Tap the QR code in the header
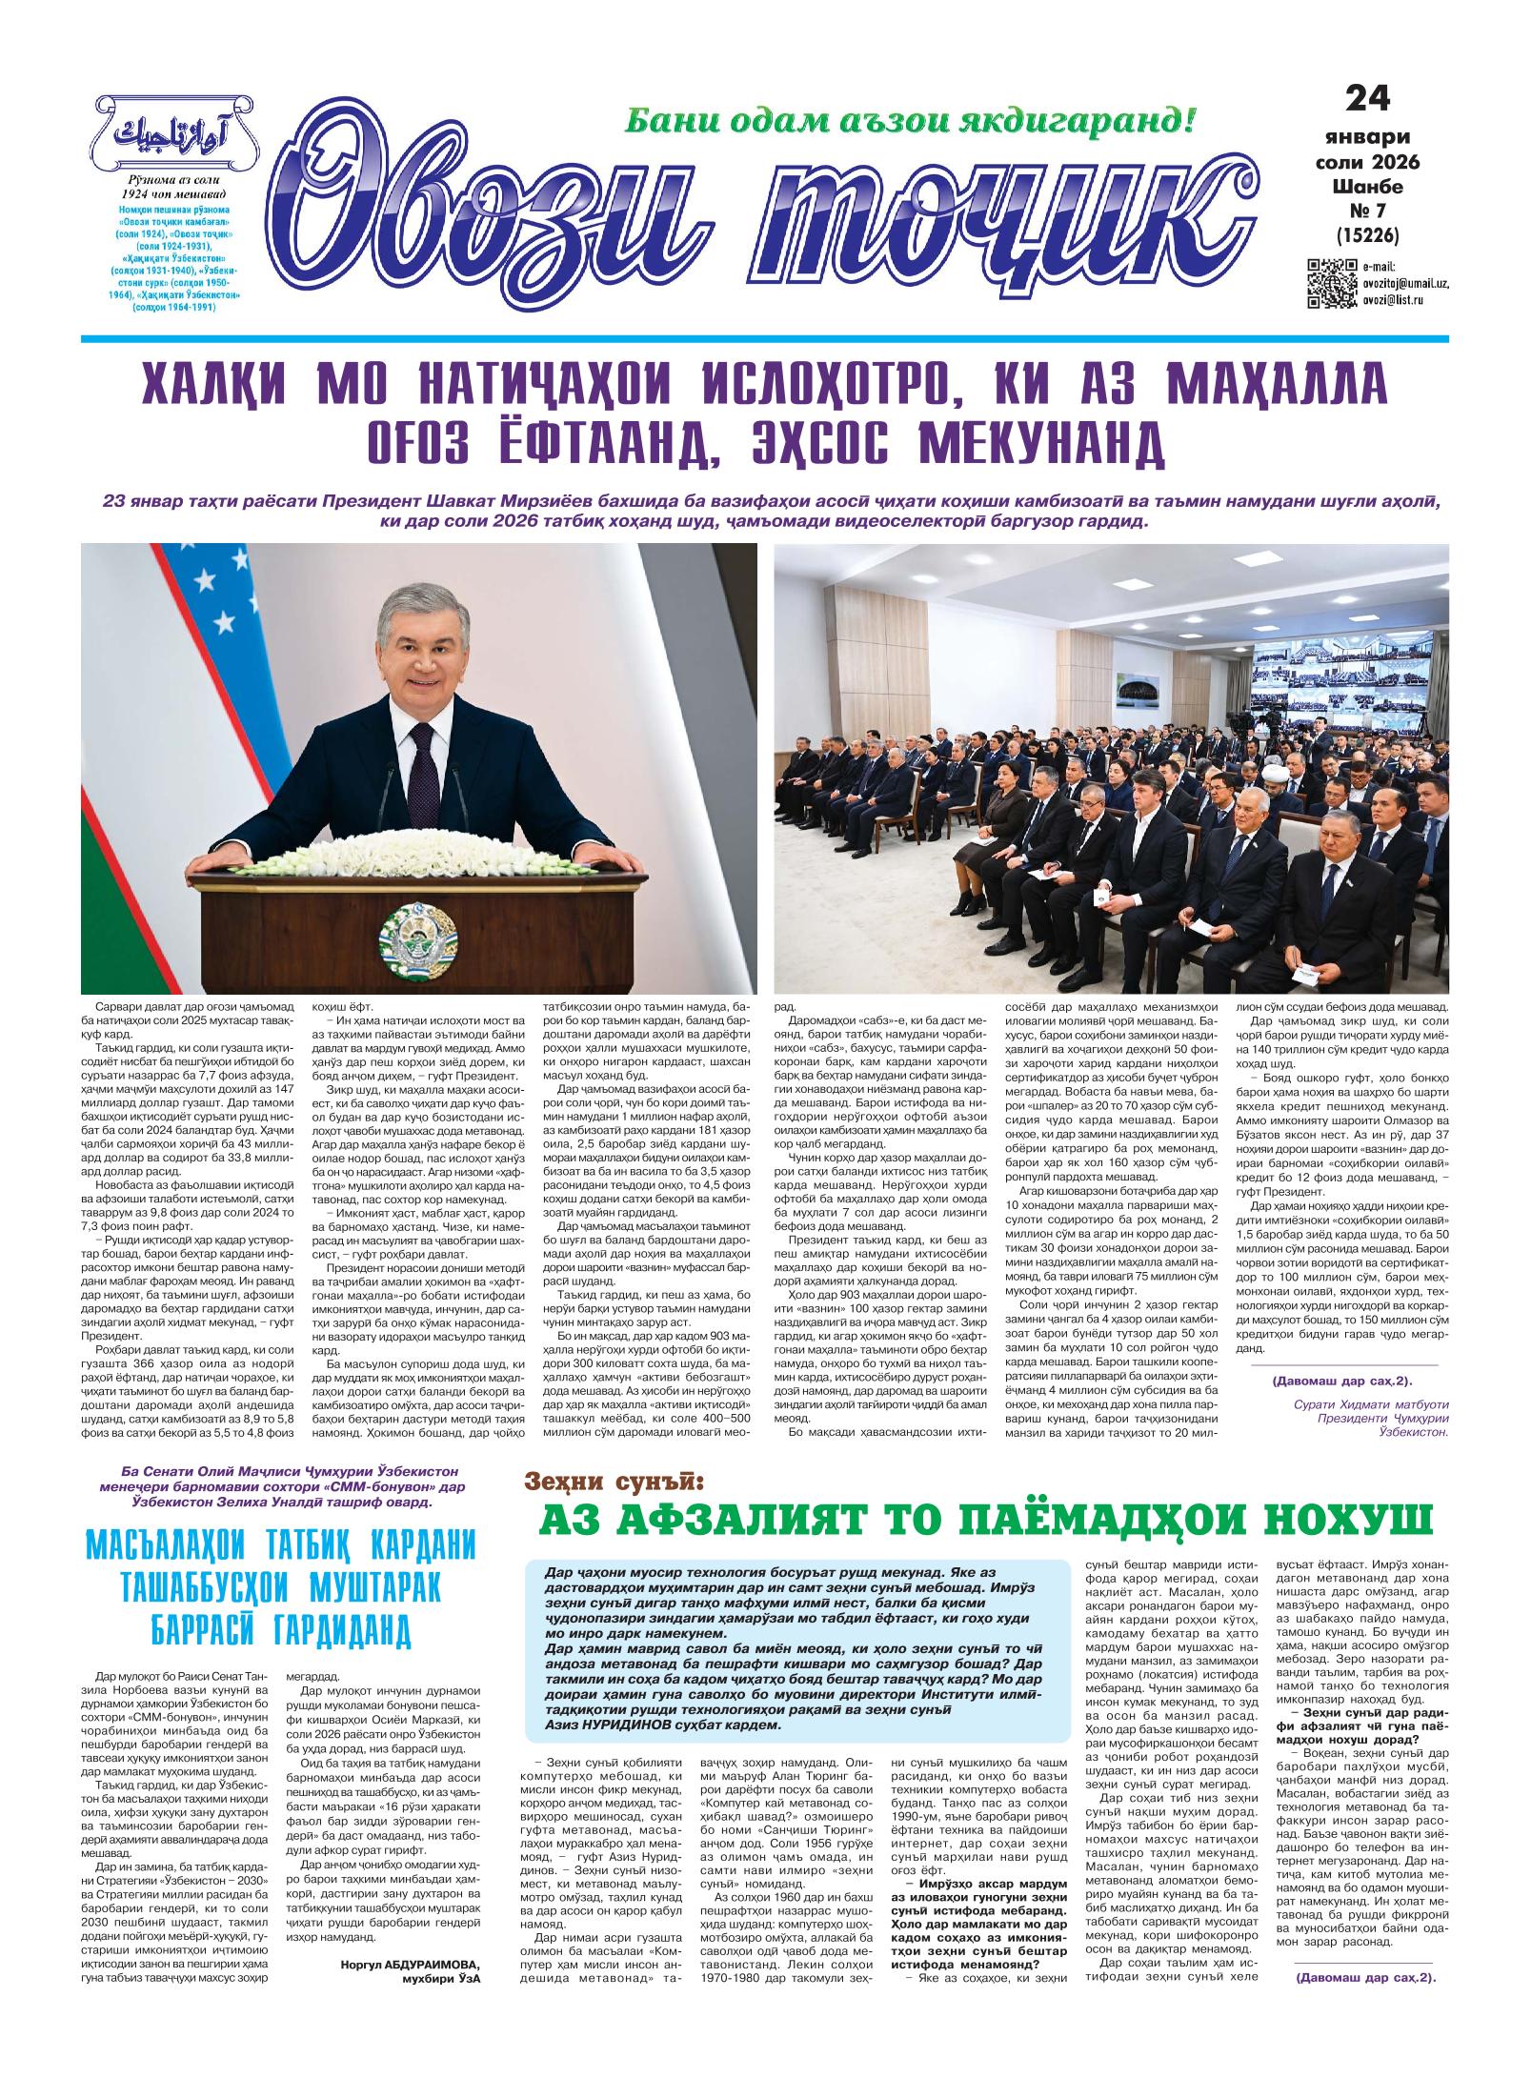[1329, 284]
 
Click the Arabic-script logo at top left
[172, 134]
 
